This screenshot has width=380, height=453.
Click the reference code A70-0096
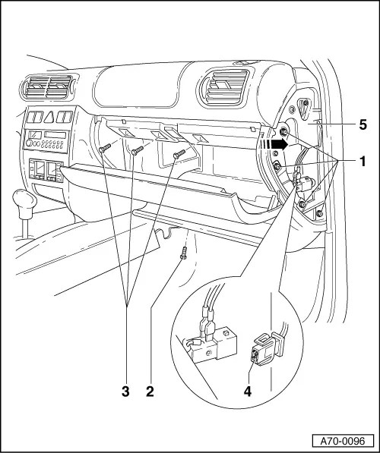pyautogui.click(x=341, y=439)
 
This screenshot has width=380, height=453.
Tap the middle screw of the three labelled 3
pyautogui.click(x=137, y=152)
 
